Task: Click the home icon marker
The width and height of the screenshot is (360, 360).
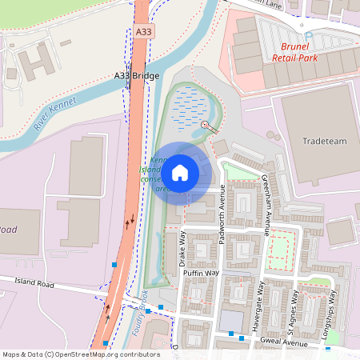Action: pyautogui.click(x=180, y=172)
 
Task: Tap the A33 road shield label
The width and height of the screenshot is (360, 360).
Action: pyautogui.click(x=143, y=31)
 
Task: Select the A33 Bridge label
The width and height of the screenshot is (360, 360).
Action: pyautogui.click(x=137, y=75)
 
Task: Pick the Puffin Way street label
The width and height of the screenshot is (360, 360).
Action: pyautogui.click(x=201, y=273)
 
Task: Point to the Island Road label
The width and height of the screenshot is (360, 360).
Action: pyautogui.click(x=34, y=283)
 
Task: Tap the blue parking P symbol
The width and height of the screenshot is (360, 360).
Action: pyautogui.click(x=309, y=37)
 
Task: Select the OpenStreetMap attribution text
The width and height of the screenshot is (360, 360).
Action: pyautogui.click(x=81, y=354)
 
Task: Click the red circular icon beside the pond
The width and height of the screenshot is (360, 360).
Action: pyautogui.click(x=205, y=125)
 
